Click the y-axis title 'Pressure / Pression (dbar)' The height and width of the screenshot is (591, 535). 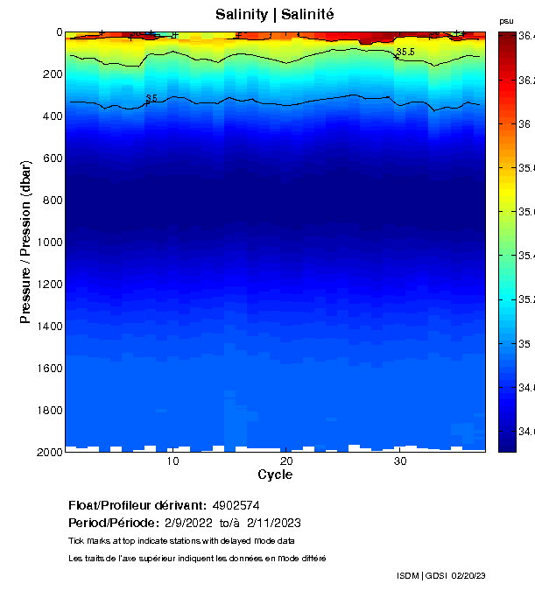pos(25,242)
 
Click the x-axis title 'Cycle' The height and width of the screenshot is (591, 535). pos(275,475)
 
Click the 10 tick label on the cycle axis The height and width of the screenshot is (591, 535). pos(172,461)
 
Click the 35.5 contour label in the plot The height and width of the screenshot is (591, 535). pos(405,53)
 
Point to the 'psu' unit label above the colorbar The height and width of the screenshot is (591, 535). pos(506,20)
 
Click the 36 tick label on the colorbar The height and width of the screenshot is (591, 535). pos(525,124)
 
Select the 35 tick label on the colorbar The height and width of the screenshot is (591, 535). pos(525,344)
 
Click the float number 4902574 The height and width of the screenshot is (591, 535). pos(236,505)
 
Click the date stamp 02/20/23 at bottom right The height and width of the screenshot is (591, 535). pos(468,575)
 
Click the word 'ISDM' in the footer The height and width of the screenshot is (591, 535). pos(408,575)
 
